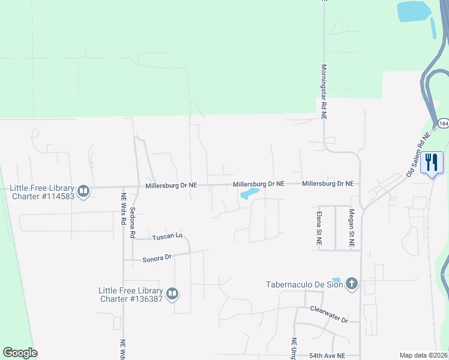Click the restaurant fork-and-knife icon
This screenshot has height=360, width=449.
(x=432, y=162)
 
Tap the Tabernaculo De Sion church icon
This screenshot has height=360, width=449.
(x=351, y=283)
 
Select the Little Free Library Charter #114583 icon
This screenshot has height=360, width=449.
(x=83, y=192)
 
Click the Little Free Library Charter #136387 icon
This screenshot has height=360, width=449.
(x=172, y=293)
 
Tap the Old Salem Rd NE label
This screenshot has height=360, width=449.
(x=419, y=154)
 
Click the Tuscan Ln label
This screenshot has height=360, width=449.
(x=167, y=236)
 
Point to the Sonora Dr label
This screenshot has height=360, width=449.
(x=157, y=258)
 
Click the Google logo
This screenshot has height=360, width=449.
(x=20, y=353)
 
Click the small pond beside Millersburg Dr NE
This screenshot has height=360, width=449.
(x=249, y=193)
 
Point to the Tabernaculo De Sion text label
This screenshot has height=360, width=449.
(x=305, y=284)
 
